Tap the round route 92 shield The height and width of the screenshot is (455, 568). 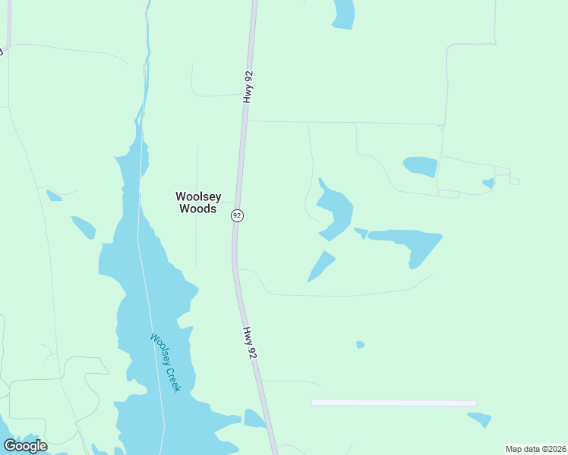[x=237, y=215]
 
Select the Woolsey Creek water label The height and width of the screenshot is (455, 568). [x=166, y=362]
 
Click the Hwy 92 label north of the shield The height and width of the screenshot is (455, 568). [x=248, y=87]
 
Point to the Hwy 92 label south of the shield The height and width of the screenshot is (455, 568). [x=249, y=343]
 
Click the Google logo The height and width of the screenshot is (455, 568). [x=25, y=445]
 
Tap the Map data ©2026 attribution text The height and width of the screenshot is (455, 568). [x=535, y=449]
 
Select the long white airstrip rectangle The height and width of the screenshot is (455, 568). [x=393, y=403]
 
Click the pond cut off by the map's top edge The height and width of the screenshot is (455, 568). [x=344, y=13]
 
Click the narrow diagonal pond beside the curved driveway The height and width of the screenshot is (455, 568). [x=321, y=266]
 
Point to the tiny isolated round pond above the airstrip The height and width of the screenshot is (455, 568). [x=360, y=344]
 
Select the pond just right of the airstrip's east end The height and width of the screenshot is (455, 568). [x=481, y=419]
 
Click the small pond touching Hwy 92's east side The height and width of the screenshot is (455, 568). [x=254, y=419]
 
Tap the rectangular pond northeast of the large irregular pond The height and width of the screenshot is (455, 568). [x=421, y=166]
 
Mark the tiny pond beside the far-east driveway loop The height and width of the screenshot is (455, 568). [x=488, y=183]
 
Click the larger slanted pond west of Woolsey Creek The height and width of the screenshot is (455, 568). [x=84, y=227]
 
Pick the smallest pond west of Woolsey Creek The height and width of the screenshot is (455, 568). [x=53, y=196]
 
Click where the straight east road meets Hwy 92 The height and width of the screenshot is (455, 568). [x=245, y=121]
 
